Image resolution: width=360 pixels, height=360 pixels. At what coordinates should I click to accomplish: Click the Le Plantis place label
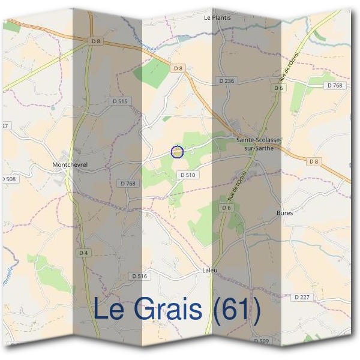coord(217,18)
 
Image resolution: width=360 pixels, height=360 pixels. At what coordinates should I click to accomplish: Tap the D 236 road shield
coord(226,80)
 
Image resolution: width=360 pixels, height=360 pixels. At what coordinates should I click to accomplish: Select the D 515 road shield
coord(120,101)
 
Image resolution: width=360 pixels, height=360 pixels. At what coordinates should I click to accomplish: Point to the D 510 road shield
coord(188,175)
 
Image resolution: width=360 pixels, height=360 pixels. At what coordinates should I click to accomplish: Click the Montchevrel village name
coord(70,164)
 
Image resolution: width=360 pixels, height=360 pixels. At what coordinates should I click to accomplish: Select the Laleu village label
coord(209,271)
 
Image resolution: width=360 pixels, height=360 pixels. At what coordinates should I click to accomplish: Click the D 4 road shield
coord(83,253)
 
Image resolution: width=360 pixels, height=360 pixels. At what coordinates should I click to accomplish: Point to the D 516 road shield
coord(139,276)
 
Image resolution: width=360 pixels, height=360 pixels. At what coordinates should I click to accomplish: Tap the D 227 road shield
coord(302,297)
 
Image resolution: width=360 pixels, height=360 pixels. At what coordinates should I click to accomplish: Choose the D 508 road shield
coord(8,179)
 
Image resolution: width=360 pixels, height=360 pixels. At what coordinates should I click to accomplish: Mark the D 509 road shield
coord(261,341)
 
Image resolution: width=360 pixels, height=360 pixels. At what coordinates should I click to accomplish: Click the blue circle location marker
coord(177,152)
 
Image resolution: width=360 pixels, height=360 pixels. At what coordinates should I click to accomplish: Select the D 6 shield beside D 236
coord(277,88)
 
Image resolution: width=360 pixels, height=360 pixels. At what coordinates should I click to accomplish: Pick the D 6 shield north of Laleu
coord(226,208)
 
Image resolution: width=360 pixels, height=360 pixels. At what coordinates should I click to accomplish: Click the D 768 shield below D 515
coord(128,184)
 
